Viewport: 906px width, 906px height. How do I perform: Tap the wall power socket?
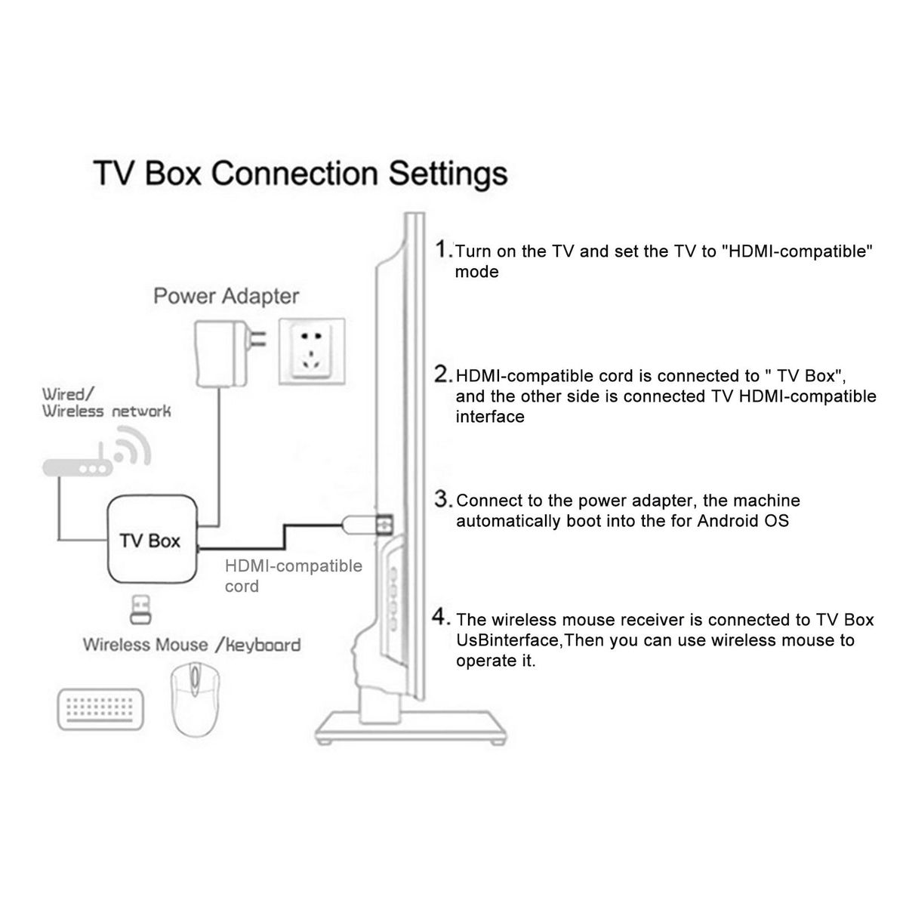click(311, 351)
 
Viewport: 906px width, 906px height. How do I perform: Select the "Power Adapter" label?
click(226, 296)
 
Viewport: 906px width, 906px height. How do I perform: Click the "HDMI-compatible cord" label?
click(293, 576)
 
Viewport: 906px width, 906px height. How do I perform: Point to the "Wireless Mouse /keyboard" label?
click(191, 645)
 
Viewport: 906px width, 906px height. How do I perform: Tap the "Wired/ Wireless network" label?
click(106, 402)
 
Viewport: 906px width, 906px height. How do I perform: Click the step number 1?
click(443, 249)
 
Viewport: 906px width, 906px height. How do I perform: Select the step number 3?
click(443, 499)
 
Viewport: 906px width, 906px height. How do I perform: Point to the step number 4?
click(442, 618)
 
